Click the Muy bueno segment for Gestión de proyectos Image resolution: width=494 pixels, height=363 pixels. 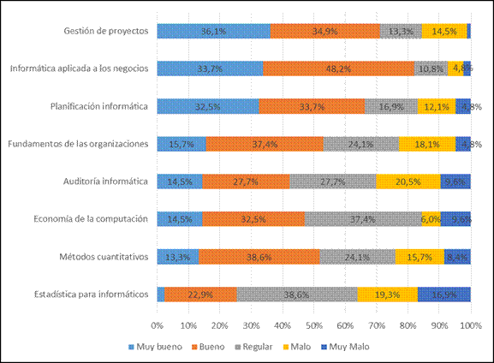click(x=213, y=31)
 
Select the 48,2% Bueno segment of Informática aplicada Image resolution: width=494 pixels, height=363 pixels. click(x=338, y=68)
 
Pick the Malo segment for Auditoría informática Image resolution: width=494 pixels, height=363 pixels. click(x=408, y=181)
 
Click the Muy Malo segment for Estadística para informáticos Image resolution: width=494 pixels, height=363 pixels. click(x=443, y=294)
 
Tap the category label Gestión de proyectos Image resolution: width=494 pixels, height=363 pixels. click(x=107, y=31)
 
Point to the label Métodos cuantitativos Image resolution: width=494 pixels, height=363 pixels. click(x=104, y=256)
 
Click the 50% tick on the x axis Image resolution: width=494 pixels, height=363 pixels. click(x=313, y=325)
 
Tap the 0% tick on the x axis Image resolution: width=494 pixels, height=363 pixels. click(x=158, y=325)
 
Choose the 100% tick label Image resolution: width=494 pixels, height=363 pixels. click(x=469, y=325)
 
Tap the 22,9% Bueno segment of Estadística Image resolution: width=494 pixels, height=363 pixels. click(x=200, y=294)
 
